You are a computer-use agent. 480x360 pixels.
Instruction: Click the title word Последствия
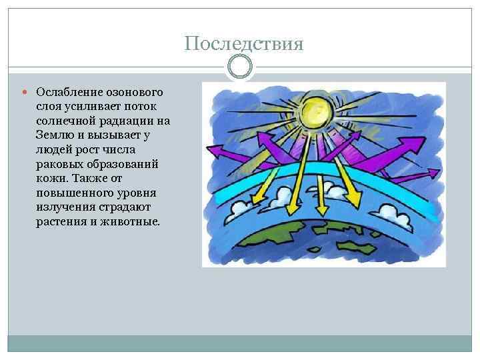pos(244,44)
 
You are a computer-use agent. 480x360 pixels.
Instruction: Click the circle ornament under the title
pos(240,67)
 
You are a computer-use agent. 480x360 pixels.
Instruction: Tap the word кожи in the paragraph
pos(49,180)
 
